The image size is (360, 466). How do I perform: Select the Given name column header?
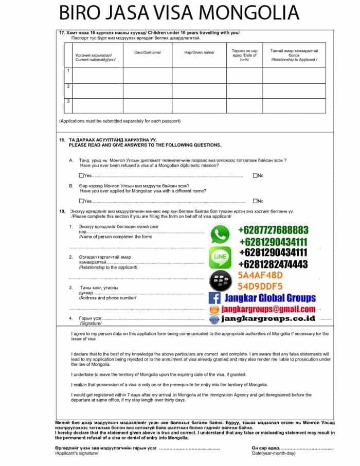click(199, 52)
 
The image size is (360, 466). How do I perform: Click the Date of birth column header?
click(244, 55)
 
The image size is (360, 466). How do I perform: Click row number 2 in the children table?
click(68, 86)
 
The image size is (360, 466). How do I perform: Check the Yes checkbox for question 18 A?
click(81, 176)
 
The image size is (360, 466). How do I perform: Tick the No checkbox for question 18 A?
click(255, 176)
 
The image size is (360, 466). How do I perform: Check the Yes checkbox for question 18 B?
click(81, 201)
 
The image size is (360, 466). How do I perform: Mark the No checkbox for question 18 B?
click(255, 201)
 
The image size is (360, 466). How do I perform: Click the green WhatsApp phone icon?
click(221, 235)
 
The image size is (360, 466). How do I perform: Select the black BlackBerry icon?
click(220, 280)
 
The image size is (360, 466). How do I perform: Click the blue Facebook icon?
click(214, 298)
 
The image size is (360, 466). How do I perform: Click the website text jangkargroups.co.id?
click(268, 319)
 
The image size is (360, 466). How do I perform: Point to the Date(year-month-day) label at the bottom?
click(274, 453)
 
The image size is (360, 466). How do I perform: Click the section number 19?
click(62, 211)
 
